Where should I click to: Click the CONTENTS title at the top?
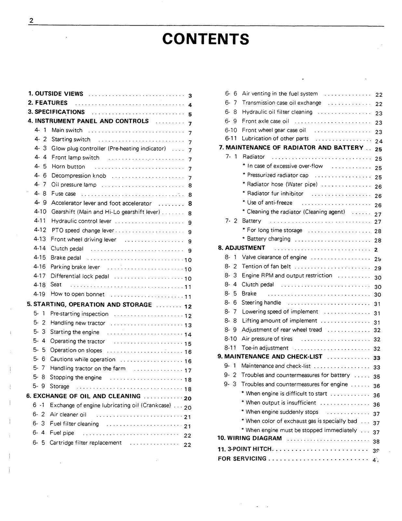(205, 39)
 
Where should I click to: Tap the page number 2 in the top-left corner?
(31, 21)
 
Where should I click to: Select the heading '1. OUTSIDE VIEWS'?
(56, 94)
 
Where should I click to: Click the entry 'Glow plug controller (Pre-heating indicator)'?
(108, 149)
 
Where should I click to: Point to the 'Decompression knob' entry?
(79, 176)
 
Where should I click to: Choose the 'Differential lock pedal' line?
(80, 276)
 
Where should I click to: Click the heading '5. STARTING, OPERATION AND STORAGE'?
(89, 305)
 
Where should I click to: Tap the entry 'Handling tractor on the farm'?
(88, 369)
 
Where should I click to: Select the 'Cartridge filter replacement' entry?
(86, 443)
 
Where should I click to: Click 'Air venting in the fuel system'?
(280, 94)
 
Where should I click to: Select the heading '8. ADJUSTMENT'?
(241, 248)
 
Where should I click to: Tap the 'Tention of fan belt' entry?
(266, 266)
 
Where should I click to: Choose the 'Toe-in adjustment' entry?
(265, 348)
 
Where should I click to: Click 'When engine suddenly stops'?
(282, 412)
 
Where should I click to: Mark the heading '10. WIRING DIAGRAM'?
(250, 438)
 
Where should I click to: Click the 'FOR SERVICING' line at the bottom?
(242, 459)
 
